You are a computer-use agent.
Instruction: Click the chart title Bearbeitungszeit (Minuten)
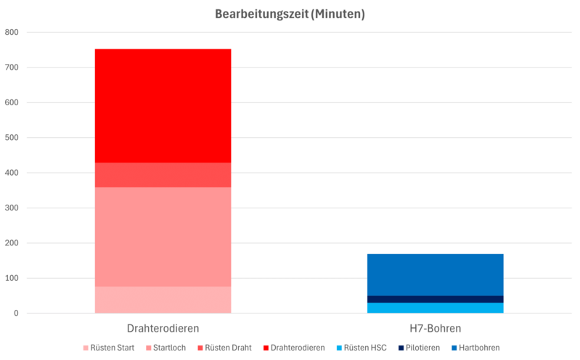(290, 14)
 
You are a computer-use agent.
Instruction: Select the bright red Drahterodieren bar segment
(163, 105)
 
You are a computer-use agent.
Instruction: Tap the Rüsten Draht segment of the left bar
(163, 175)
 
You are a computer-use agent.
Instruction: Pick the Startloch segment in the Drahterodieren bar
(163, 237)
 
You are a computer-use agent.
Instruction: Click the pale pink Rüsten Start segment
(163, 300)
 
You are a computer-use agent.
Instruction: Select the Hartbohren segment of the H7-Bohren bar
(435, 274)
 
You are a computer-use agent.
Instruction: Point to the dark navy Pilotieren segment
(435, 299)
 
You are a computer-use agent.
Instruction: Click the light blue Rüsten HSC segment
(435, 308)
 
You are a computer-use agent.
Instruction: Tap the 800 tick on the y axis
(12, 33)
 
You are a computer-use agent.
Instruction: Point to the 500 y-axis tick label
(12, 138)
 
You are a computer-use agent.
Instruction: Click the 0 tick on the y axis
(16, 314)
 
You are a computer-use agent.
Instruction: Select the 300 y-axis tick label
(12, 208)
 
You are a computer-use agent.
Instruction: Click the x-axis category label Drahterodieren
(163, 328)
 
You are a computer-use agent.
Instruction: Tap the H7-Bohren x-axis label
(435, 328)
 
